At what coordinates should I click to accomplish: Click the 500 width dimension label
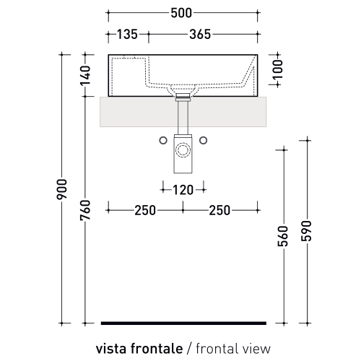(181, 13)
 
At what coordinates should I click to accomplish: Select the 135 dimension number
(127, 34)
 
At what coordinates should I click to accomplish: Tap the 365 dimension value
(200, 34)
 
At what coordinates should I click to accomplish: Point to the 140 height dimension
(85, 75)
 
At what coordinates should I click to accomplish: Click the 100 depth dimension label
(278, 69)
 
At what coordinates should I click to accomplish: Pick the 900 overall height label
(61, 189)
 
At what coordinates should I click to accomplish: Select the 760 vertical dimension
(85, 210)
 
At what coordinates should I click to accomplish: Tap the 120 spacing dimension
(183, 190)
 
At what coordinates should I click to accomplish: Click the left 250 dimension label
(145, 211)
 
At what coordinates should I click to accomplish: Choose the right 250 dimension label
(219, 211)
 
